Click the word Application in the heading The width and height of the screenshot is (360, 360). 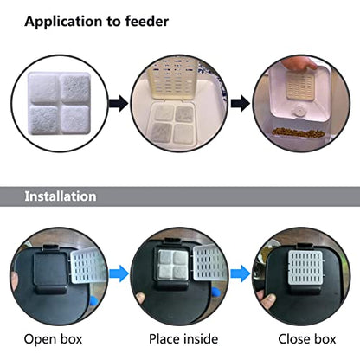[64, 22]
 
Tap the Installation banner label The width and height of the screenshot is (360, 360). [61, 196]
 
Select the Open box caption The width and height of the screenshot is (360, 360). [53, 339]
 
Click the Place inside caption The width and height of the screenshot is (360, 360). [183, 339]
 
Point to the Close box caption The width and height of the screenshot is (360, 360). [307, 339]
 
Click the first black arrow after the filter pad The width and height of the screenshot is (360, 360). [119, 103]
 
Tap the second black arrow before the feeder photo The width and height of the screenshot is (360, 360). [241, 103]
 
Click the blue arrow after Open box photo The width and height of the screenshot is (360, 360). [119, 273]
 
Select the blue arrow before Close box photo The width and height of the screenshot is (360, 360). [241, 273]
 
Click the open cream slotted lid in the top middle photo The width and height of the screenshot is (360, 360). [172, 78]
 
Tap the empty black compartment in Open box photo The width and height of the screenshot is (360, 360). [50, 269]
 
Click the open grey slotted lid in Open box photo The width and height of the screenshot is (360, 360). [88, 266]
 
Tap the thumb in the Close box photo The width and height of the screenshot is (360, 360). [267, 300]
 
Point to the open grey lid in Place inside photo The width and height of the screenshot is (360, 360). [209, 263]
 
